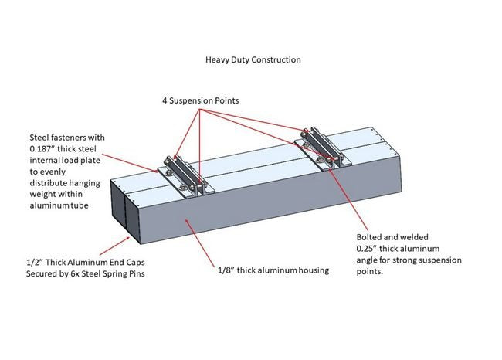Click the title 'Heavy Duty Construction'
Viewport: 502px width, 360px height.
[253, 59]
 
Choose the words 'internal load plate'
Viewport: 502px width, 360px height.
[61, 162]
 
